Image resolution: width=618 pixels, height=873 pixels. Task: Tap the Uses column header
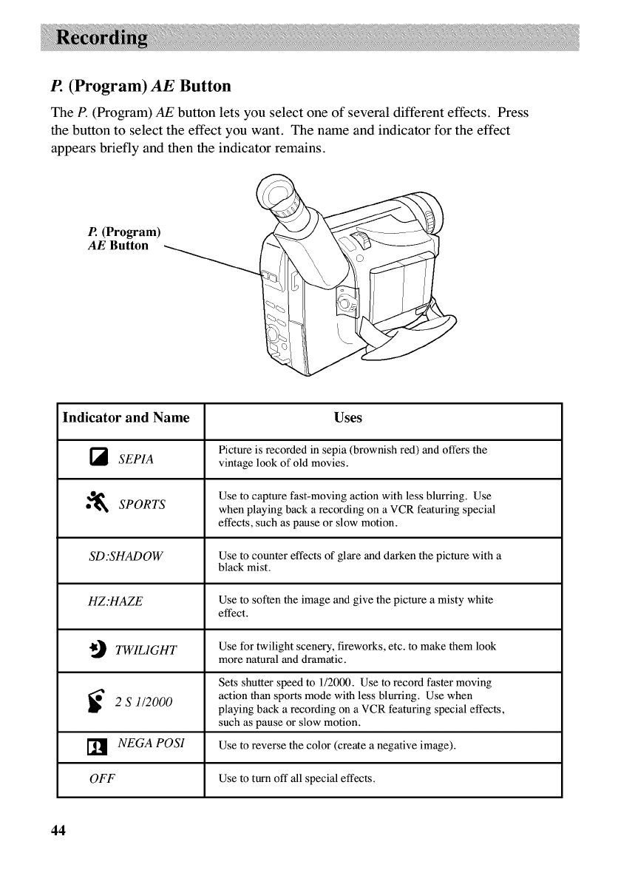click(347, 418)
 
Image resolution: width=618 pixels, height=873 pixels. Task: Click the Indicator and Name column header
click(126, 417)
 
